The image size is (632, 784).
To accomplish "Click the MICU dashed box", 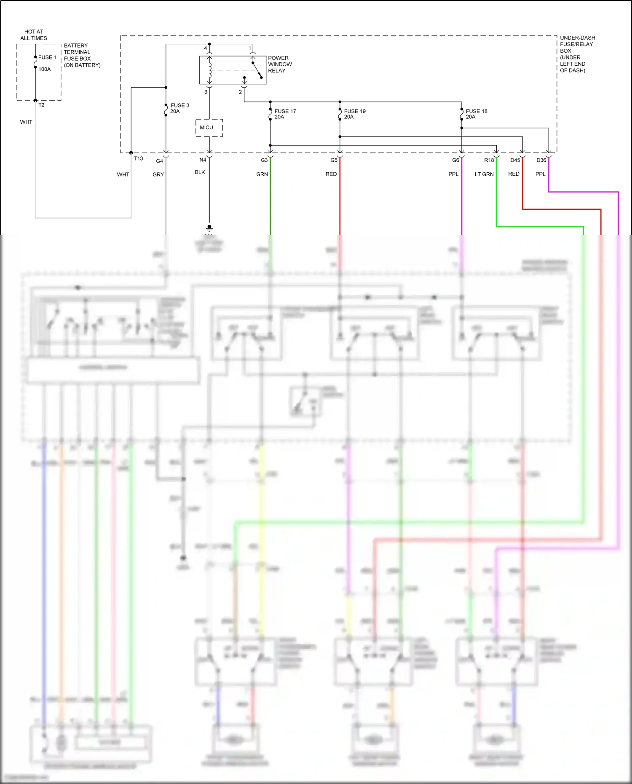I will [209, 128].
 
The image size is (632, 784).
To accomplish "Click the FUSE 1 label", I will [47, 57].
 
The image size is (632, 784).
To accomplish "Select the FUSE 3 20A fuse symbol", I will [166, 110].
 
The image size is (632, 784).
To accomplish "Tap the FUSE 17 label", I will [285, 111].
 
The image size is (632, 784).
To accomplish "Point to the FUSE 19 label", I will [355, 111].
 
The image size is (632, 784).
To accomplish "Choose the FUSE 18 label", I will [477, 111].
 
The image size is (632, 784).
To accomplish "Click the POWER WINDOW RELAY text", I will [280, 64].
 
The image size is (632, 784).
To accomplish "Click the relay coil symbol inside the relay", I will [210, 70].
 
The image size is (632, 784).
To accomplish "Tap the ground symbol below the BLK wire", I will [209, 228].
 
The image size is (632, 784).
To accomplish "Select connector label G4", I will [159, 161].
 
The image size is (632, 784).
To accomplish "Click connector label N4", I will [203, 160].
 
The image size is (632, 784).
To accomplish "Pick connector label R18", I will [489, 160].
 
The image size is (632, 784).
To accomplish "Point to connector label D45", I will [515, 160].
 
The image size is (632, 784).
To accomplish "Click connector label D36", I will [541, 160].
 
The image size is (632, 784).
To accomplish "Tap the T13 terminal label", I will [138, 158].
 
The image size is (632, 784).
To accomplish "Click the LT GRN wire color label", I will [484, 174].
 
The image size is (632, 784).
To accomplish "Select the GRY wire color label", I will [158, 174].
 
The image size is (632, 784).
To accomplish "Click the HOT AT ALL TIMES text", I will [34, 35].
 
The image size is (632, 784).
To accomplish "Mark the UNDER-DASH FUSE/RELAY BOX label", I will [577, 54].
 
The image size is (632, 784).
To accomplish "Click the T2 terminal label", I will [41, 105].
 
